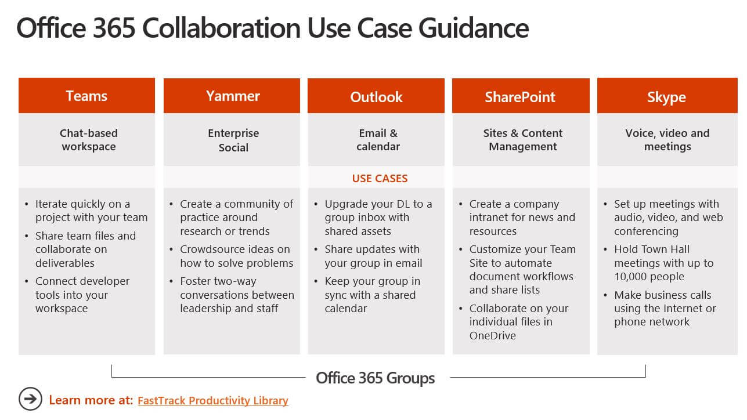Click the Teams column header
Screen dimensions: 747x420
coord(86,96)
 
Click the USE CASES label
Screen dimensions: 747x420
coord(380,178)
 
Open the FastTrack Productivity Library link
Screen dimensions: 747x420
coord(213,400)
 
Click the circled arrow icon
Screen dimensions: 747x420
coord(30,399)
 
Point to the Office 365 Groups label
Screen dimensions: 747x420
coord(375,378)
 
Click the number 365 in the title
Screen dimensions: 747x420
coord(114,28)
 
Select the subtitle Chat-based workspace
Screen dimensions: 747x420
coord(89,140)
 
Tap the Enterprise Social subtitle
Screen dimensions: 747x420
coord(233,140)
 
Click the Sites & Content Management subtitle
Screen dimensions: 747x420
coord(523,140)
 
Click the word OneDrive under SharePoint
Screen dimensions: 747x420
coord(493,335)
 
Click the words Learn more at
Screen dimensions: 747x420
coord(91,400)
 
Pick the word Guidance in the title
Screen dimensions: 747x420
coord(474,28)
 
